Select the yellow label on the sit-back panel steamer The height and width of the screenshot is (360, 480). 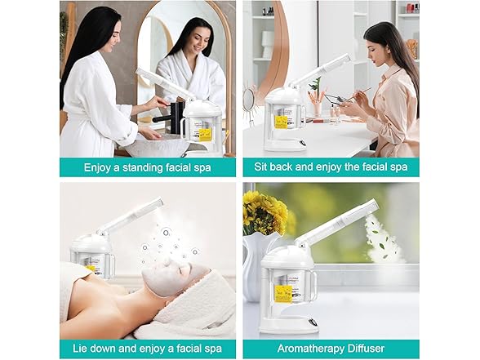(281, 122)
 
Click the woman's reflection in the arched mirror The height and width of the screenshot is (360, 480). (193, 65)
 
